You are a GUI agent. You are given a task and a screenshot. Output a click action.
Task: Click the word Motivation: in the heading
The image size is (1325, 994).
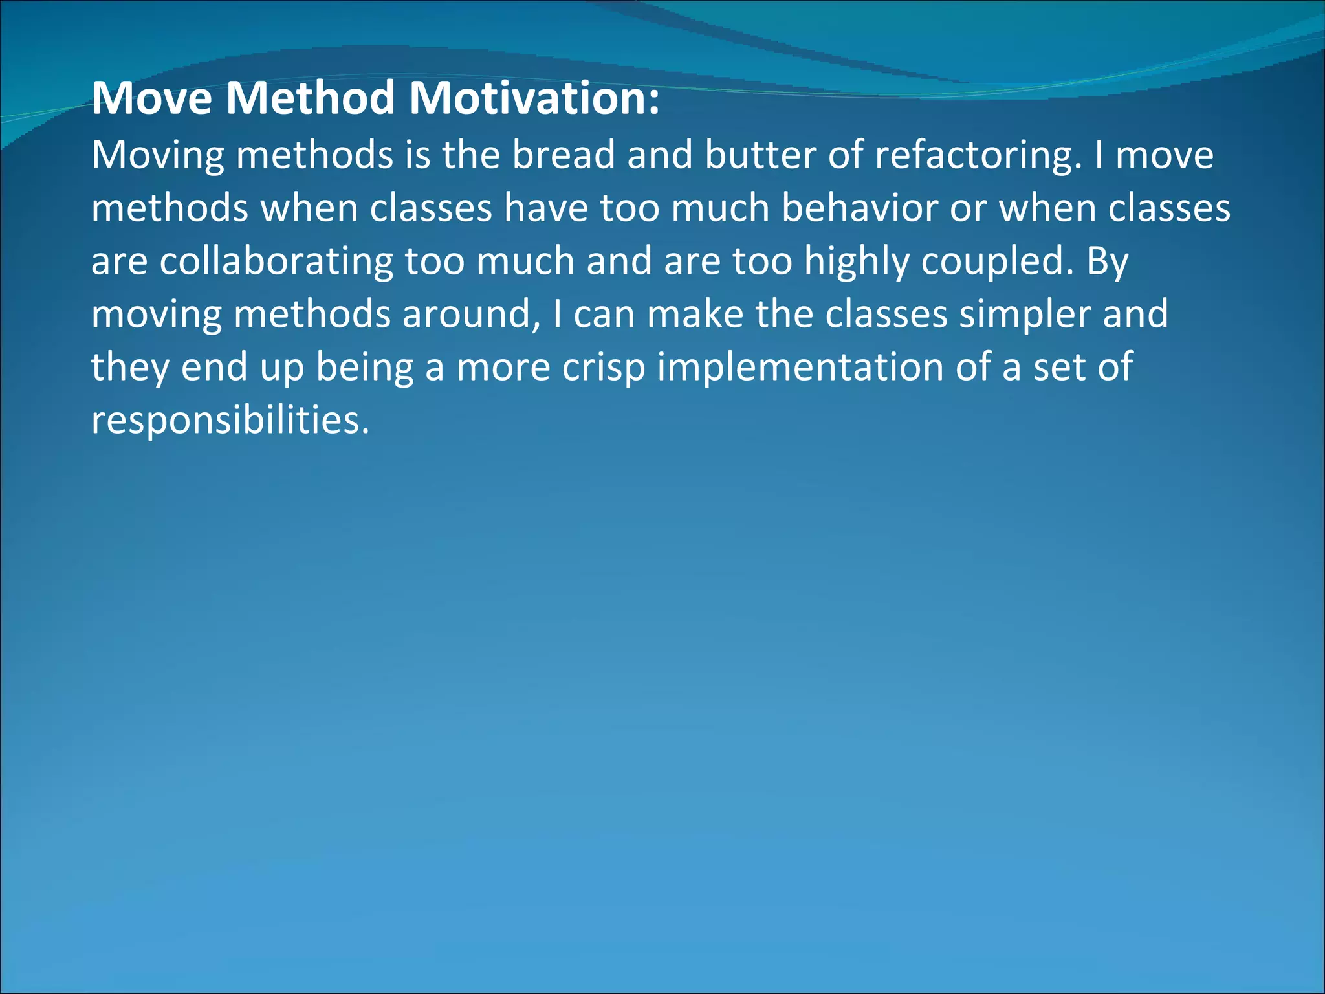(534, 98)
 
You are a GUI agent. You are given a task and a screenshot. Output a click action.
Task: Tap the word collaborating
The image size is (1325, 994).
(276, 261)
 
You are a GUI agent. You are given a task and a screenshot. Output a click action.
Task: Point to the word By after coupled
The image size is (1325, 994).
(1108, 261)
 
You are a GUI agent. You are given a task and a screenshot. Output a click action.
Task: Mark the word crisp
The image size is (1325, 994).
(603, 368)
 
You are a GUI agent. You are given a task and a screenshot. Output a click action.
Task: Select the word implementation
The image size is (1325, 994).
(800, 368)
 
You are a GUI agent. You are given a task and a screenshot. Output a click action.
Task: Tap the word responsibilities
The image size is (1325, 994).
(230, 421)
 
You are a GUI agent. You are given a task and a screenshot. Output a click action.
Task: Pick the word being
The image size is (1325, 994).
(364, 368)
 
